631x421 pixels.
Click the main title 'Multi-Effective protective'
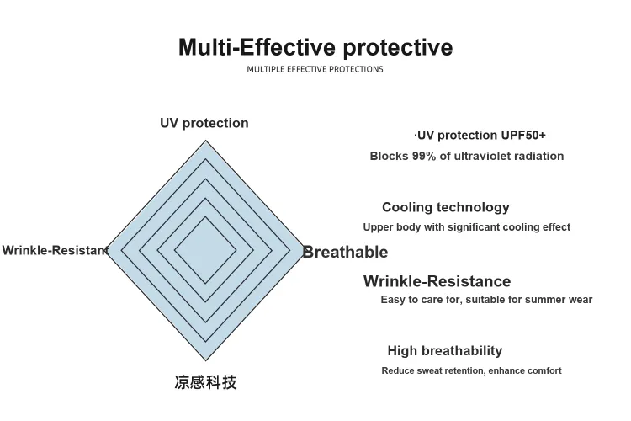click(x=315, y=47)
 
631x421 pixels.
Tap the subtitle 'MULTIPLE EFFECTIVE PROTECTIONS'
click(x=315, y=69)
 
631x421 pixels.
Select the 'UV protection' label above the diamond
click(x=204, y=123)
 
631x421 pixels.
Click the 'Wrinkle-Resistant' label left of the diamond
click(x=56, y=250)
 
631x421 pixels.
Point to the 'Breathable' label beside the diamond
click(x=345, y=253)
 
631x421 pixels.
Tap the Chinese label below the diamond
click(x=205, y=382)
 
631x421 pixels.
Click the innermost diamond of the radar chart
click(x=205, y=250)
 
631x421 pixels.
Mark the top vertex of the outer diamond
click(x=205, y=141)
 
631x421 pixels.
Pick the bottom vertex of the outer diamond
click(x=205, y=360)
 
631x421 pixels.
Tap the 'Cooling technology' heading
click(x=446, y=207)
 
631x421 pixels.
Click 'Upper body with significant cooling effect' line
click(x=467, y=227)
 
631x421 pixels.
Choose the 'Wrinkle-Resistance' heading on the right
click(x=437, y=281)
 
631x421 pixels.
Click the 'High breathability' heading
click(x=445, y=351)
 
